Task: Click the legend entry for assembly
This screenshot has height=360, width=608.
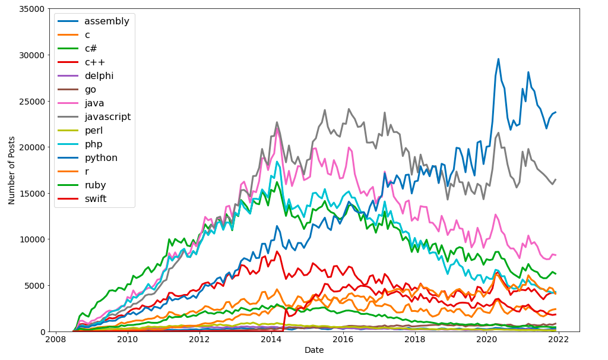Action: [x=106, y=21]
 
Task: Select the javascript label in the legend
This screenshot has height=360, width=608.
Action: [x=107, y=117]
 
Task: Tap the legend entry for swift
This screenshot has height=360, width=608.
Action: [x=95, y=199]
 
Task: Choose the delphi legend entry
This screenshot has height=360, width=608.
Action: [x=99, y=76]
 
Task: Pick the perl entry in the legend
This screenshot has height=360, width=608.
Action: [x=94, y=131]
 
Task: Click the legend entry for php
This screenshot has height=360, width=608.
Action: [x=94, y=144]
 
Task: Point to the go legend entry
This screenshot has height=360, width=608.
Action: [x=90, y=90]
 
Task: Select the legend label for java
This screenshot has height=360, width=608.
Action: [x=94, y=103]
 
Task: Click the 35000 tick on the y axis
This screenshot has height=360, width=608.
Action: [x=31, y=9]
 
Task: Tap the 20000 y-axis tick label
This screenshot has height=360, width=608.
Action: [x=31, y=147]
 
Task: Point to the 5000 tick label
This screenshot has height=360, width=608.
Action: [x=34, y=286]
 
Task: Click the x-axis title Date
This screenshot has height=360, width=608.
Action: [x=314, y=350]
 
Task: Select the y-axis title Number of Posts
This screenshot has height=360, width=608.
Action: [x=12, y=170]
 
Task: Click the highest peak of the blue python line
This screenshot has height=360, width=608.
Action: [x=498, y=59]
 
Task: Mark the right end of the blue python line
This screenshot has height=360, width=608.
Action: [x=555, y=112]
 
